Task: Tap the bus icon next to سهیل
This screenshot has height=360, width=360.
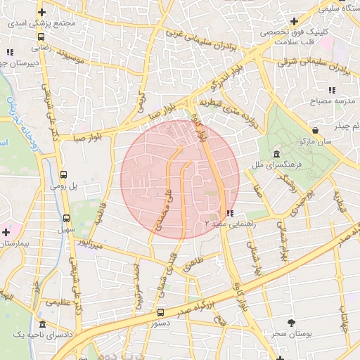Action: click(x=67, y=218)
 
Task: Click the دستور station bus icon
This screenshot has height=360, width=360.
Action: click(x=161, y=312)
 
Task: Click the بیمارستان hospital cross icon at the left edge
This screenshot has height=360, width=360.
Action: click(x=6, y=231)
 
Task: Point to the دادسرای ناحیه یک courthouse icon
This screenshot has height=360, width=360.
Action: click(x=44, y=326)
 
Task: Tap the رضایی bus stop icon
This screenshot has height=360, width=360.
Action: click(x=41, y=37)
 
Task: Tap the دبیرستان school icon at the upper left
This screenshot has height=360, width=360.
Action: click(x=10, y=52)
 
